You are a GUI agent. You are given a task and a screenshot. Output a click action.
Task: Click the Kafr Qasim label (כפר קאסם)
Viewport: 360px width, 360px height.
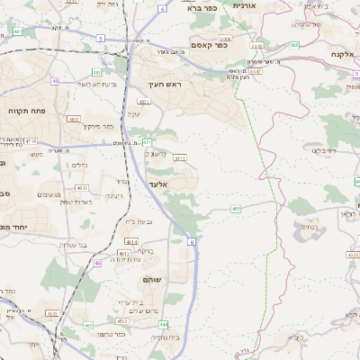[x=209, y=44]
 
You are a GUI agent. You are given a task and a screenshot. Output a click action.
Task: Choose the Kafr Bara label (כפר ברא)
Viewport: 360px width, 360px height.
[x=203, y=7]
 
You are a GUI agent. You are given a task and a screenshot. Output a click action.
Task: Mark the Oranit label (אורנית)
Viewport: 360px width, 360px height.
[x=244, y=5]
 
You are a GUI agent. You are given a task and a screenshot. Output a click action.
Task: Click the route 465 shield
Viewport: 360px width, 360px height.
[x=235, y=209]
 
